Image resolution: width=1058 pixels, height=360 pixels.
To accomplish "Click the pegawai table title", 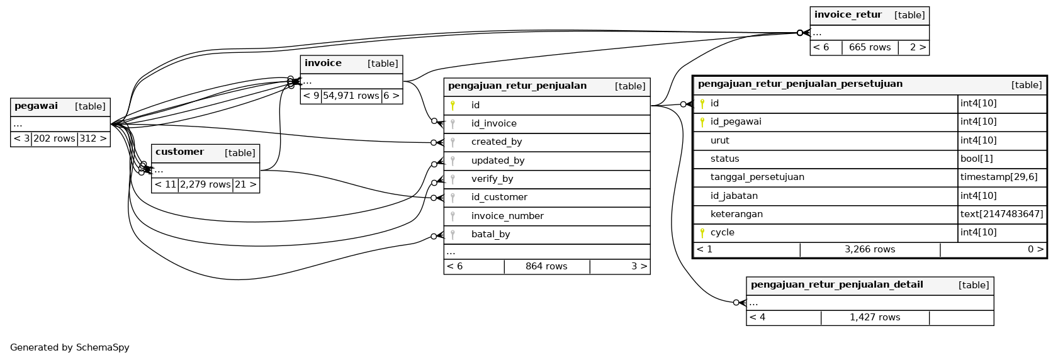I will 36,106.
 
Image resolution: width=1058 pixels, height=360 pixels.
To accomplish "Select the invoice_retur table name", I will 847,15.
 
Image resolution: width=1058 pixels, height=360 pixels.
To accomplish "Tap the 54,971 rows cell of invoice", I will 351,96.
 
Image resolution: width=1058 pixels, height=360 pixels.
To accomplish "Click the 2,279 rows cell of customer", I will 205,184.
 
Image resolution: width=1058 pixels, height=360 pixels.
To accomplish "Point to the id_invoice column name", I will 493,124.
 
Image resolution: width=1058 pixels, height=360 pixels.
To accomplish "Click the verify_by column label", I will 492,179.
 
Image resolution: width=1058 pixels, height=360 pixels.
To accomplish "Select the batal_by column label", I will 490,235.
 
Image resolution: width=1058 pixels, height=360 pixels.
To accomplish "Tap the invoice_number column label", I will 507,217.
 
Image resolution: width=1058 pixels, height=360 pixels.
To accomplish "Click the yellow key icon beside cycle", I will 702,233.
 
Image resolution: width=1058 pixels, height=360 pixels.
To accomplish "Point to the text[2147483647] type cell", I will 1001,215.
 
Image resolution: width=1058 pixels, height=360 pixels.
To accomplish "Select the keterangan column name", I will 736,215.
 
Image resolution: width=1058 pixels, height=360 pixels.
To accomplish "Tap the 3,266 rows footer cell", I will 870,250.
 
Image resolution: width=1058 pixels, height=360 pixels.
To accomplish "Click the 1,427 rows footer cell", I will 875,318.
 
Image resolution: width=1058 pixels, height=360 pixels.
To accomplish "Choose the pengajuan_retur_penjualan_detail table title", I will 836,285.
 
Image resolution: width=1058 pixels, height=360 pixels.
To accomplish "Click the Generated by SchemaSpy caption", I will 70,347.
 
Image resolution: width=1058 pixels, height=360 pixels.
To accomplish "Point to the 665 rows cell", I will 870,48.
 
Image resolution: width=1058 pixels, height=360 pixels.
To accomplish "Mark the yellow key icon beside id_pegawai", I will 702,122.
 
